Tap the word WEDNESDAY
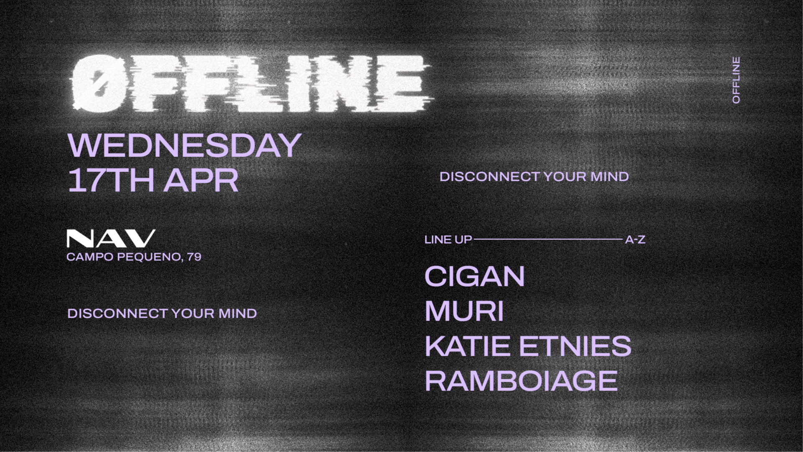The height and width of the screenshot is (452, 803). [184, 145]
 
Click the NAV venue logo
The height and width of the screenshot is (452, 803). [111, 238]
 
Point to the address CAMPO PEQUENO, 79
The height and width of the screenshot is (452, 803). [134, 257]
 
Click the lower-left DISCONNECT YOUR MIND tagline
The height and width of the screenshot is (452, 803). [162, 313]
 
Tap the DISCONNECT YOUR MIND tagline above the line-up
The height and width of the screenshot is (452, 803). [534, 177]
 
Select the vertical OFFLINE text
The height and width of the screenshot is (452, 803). [737, 80]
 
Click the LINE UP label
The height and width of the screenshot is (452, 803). [448, 240]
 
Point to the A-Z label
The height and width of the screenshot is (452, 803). [635, 240]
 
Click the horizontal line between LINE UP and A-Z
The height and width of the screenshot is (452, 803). [548, 239]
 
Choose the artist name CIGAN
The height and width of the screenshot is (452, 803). [474, 277]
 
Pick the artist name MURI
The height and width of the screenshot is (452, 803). [464, 311]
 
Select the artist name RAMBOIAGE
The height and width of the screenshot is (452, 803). [521, 381]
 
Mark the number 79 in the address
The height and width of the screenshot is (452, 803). [194, 257]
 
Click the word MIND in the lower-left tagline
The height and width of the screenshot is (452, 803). [238, 313]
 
